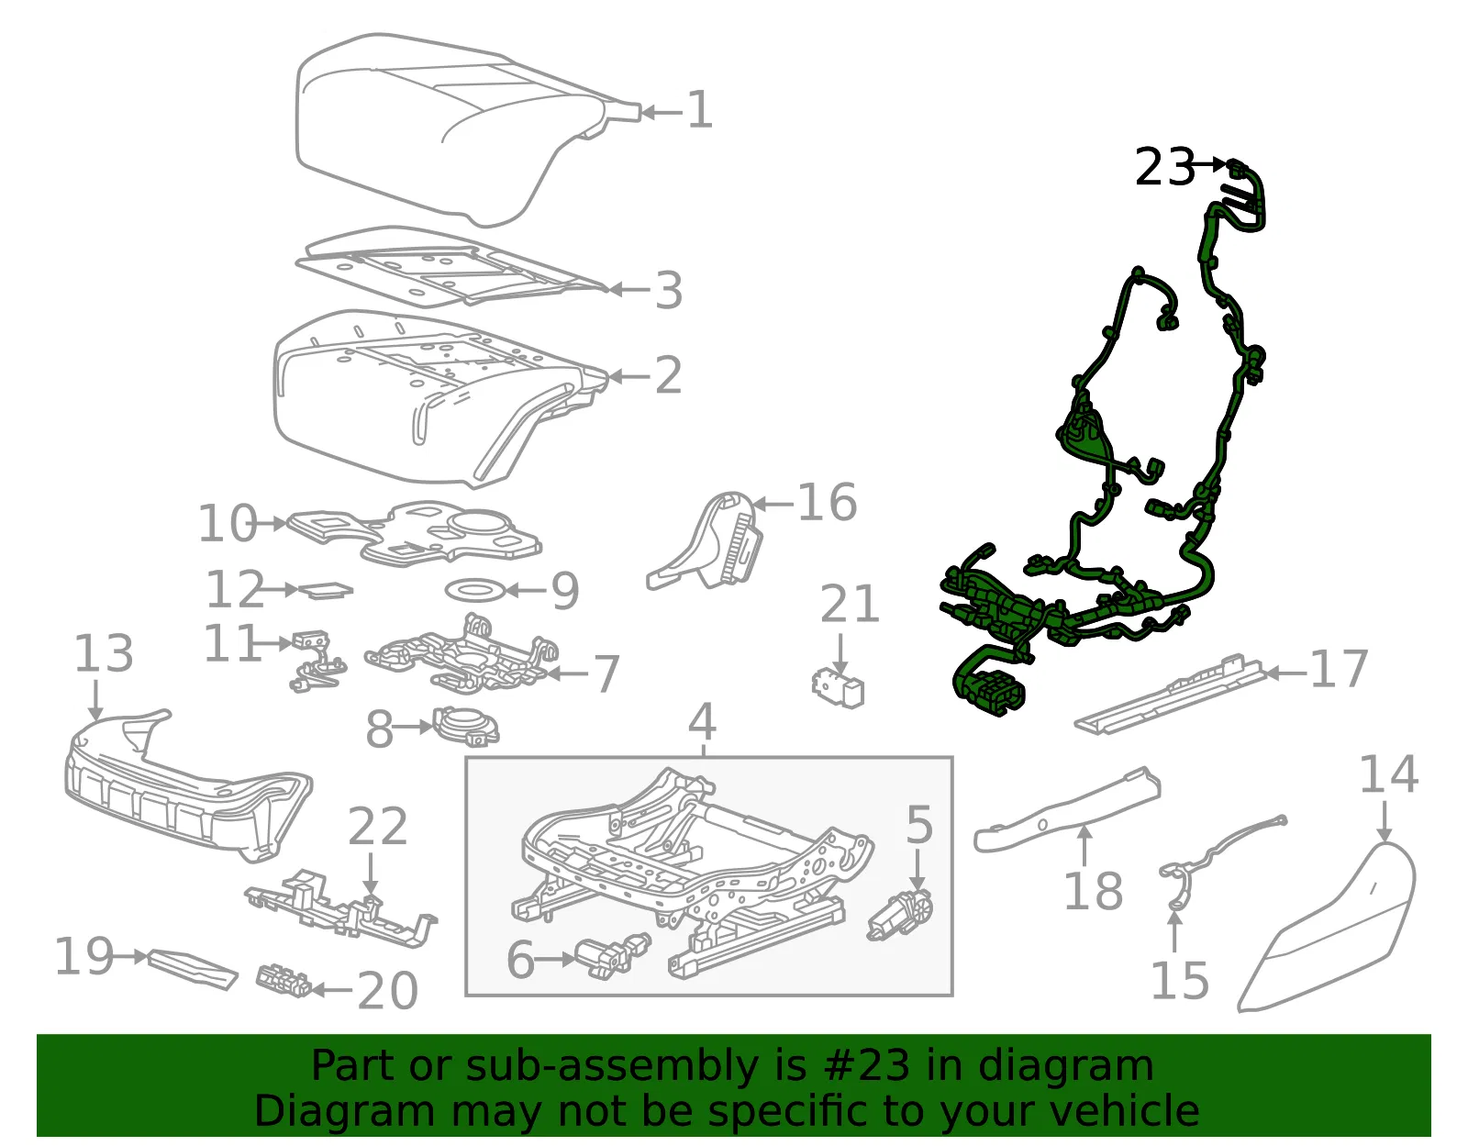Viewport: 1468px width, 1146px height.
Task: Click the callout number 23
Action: tap(1164, 167)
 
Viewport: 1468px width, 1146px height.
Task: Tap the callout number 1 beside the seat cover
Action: tap(699, 109)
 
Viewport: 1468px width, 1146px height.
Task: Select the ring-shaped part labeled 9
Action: tap(474, 590)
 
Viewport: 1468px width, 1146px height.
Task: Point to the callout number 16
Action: tap(828, 502)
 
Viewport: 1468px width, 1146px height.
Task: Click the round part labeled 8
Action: tap(466, 726)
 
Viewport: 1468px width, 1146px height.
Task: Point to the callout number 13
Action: tap(104, 653)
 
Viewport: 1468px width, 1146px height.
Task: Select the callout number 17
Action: tap(1339, 669)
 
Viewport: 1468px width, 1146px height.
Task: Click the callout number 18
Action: tap(1093, 891)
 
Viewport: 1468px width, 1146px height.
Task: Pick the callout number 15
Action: tap(1180, 981)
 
